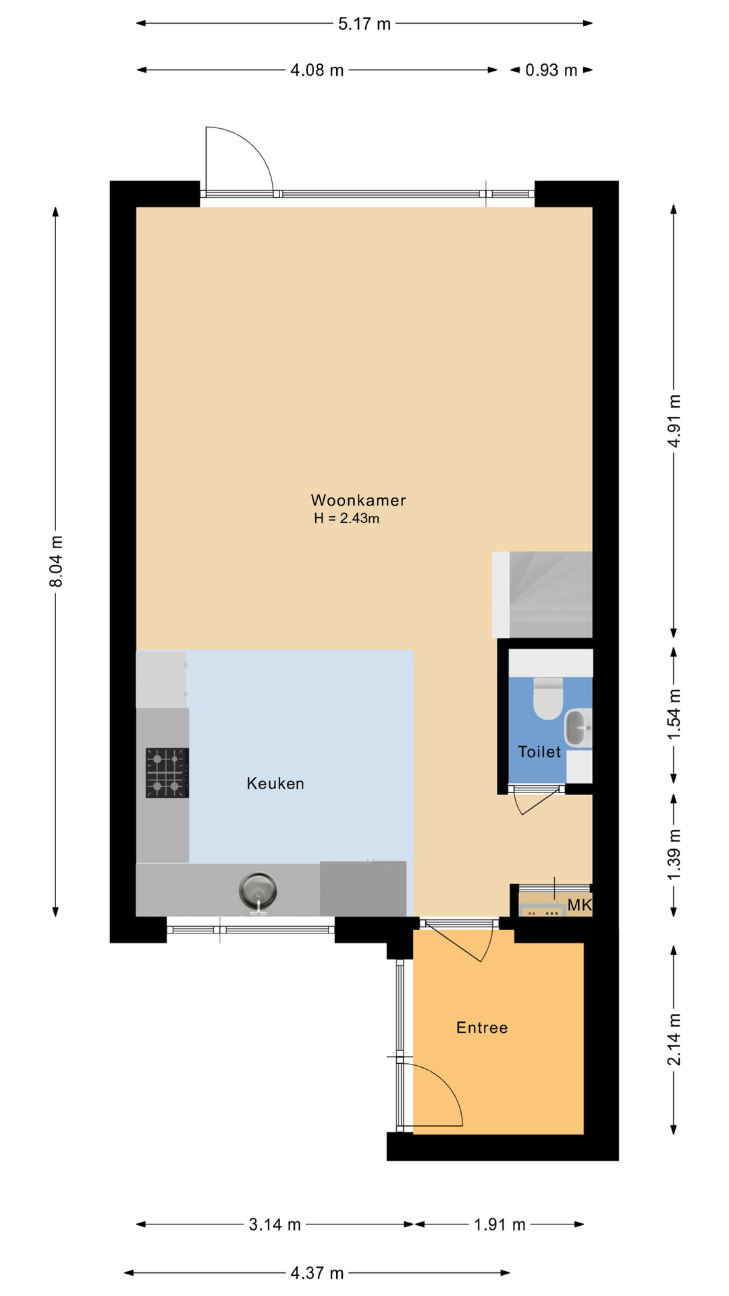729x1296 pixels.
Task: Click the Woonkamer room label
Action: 358,500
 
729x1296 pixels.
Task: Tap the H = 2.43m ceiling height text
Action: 346,518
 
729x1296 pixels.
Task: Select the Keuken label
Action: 275,784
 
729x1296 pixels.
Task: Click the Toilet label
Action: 539,752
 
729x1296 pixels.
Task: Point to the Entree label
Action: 482,1027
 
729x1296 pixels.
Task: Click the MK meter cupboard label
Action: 579,905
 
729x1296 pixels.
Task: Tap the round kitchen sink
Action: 258,891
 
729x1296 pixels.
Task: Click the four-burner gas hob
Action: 167,773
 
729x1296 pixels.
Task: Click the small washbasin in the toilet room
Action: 578,728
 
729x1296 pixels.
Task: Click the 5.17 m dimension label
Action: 364,24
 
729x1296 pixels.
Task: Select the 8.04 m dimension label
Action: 57,561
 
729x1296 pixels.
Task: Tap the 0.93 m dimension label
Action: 551,70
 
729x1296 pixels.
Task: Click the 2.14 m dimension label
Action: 674,1039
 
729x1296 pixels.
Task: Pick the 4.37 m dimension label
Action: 317,1273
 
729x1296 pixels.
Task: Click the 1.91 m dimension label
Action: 500,1224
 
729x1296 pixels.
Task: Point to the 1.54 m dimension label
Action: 674,713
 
